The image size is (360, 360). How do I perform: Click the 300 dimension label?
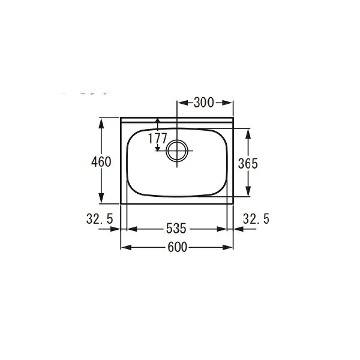click(x=203, y=103)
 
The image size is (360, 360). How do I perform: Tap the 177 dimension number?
click(x=157, y=139)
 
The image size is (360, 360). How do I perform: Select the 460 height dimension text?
click(x=101, y=161)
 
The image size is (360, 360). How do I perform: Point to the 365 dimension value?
click(x=248, y=163)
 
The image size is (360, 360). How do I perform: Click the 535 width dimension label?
click(x=176, y=229)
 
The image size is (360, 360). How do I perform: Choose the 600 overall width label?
click(x=177, y=247)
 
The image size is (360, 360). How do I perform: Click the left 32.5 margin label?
click(x=100, y=218)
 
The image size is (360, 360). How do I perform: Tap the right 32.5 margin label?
click(x=256, y=218)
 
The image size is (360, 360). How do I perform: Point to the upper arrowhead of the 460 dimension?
click(x=101, y=123)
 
